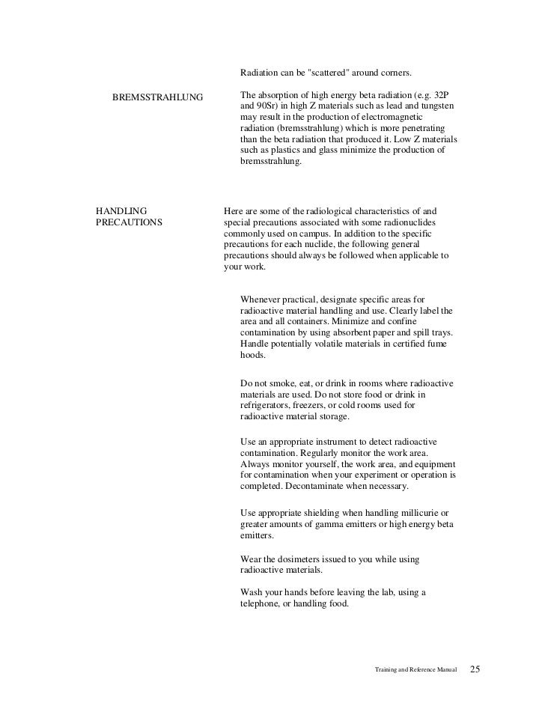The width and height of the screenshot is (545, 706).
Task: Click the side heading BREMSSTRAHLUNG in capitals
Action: (157, 98)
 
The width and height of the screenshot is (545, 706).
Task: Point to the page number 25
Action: (475, 668)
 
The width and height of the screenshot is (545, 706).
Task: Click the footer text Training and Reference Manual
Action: (414, 669)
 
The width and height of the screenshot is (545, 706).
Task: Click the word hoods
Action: (253, 356)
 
